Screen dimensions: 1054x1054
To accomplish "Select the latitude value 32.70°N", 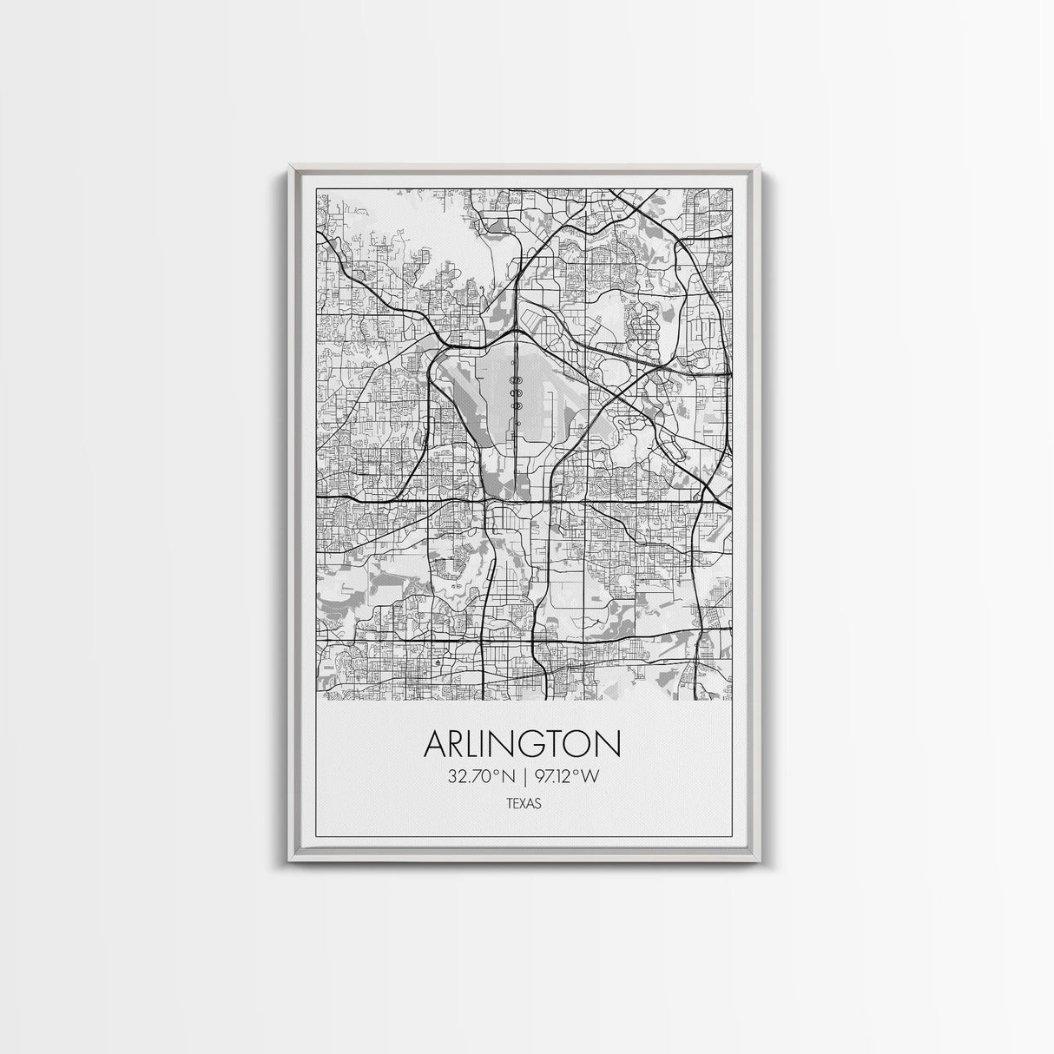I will coord(481,777).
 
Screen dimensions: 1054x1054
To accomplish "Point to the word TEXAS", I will coord(525,804).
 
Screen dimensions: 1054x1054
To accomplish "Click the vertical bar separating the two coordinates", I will coord(524,777).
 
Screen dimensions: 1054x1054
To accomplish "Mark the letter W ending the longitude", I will coord(590,777).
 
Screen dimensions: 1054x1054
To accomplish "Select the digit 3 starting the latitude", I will coord(452,777).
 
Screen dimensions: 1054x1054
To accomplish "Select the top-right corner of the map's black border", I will coord(731,188).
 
